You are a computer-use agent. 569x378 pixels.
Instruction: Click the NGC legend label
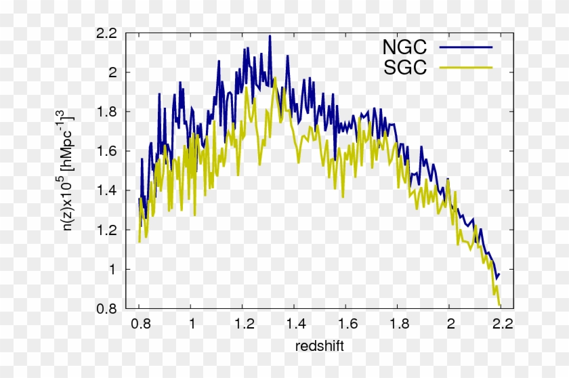pyautogui.click(x=404, y=47)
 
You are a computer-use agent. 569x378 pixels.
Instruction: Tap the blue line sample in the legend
pyautogui.click(x=465, y=47)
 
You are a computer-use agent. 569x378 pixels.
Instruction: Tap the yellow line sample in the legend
pyautogui.click(x=465, y=68)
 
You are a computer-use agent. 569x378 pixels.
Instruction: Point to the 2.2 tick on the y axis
pyautogui.click(x=108, y=33)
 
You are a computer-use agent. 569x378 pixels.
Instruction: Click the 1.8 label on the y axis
pyautogui.click(x=108, y=111)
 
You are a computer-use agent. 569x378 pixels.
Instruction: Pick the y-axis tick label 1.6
pyautogui.click(x=108, y=151)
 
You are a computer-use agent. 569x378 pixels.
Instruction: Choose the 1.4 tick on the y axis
pyautogui.click(x=108, y=190)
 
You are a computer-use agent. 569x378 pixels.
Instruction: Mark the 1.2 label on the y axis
pyautogui.click(x=108, y=230)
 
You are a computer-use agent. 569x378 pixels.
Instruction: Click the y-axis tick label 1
pyautogui.click(x=113, y=270)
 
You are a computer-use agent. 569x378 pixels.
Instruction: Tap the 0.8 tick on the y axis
pyautogui.click(x=108, y=309)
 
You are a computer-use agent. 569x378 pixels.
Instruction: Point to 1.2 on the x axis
pyautogui.click(x=243, y=323)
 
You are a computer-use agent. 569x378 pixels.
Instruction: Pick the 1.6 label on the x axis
pyautogui.click(x=346, y=323)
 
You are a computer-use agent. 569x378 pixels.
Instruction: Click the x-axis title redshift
pyautogui.click(x=320, y=346)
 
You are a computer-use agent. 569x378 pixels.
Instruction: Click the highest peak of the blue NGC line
pyautogui.click(x=270, y=36)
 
